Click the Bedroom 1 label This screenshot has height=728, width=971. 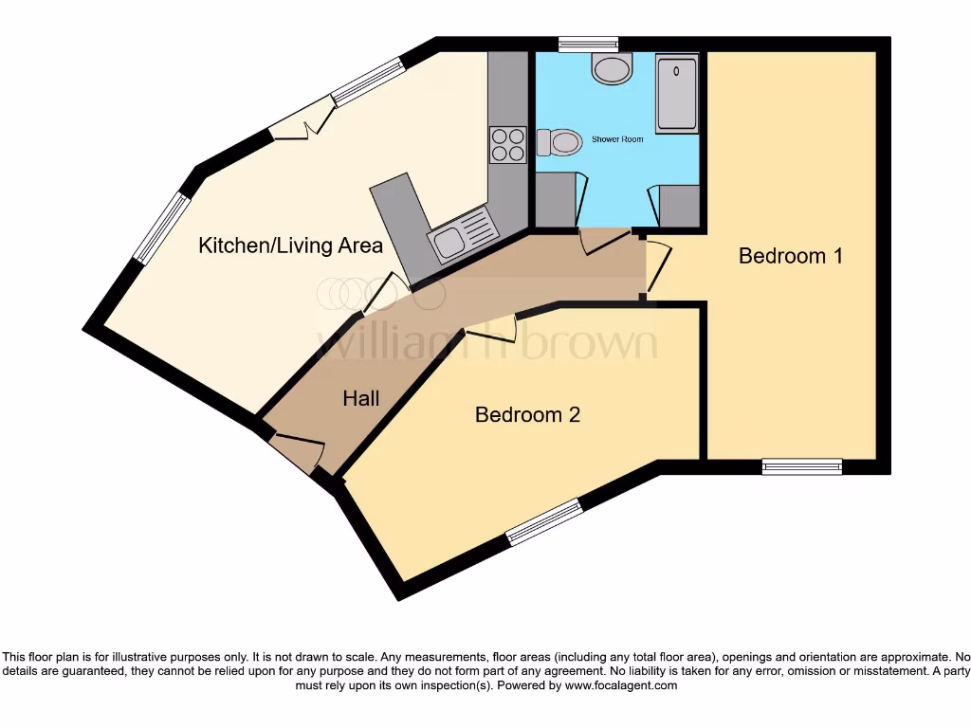click(790, 256)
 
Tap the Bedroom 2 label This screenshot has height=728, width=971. click(527, 414)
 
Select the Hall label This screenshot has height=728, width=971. click(360, 398)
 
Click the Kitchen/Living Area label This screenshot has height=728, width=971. click(290, 246)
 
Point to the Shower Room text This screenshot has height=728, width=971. click(617, 139)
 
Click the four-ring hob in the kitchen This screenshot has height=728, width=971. click(507, 144)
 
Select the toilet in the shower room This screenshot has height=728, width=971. click(558, 143)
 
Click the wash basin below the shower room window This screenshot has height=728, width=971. click(612, 69)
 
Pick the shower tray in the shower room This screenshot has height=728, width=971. click(676, 93)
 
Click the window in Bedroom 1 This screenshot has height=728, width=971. click(802, 465)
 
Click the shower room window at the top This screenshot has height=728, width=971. click(588, 43)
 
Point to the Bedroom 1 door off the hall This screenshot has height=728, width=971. click(658, 266)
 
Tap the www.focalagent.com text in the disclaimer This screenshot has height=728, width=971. click(619, 685)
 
